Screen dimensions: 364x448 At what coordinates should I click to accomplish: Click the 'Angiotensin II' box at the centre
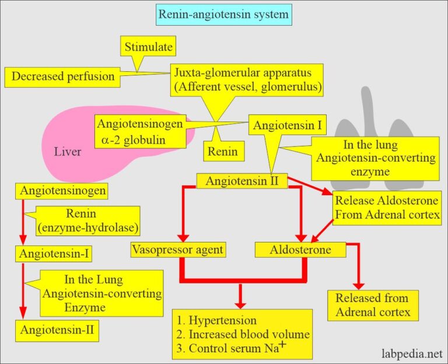[x=242, y=182]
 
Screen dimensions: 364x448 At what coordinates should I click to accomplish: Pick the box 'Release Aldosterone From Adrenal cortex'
[x=386, y=208]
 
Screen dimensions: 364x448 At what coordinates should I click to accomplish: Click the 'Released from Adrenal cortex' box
[x=372, y=305]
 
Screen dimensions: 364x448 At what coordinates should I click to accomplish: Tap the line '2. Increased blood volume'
[x=240, y=334]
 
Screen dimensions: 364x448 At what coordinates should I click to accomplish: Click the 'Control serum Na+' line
[x=228, y=348]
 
